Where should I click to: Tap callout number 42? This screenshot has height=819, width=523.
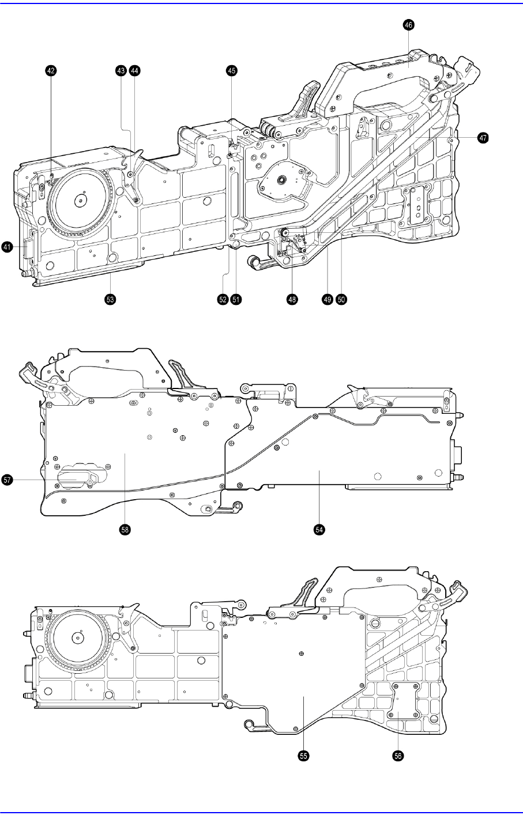coord(51,70)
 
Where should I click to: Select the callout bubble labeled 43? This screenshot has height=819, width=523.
coord(121,70)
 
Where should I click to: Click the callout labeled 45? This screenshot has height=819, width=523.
coord(231,70)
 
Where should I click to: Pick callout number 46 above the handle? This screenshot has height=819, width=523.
coord(409,25)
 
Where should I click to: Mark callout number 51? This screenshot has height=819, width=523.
coord(236,299)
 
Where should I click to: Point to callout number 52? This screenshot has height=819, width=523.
coord(223,299)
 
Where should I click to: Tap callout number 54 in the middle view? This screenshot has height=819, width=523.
coord(319,529)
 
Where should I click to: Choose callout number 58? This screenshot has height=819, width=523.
coord(125,529)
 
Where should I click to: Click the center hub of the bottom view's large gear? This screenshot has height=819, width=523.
coord(74,639)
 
